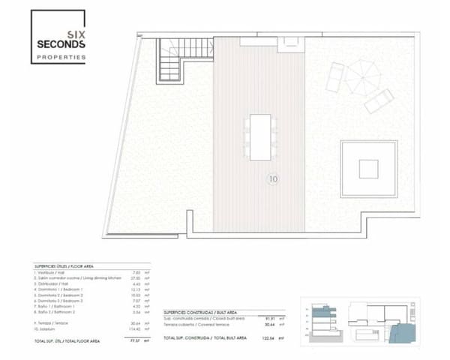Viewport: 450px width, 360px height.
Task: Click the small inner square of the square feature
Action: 368,168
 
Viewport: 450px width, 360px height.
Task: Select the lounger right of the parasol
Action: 379,100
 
